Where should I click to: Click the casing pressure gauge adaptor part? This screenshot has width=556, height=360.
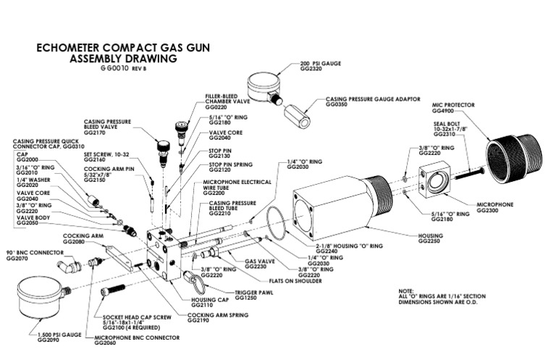297,114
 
